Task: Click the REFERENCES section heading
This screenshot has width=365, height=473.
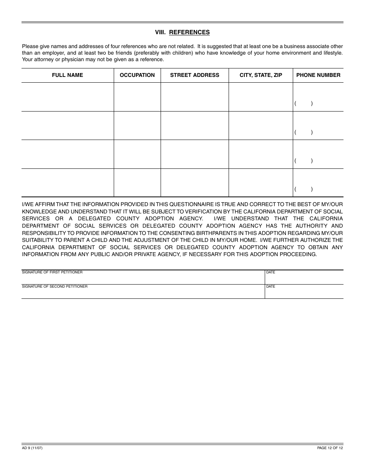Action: click(x=189, y=32)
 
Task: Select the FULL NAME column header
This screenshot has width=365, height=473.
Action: click(x=68, y=75)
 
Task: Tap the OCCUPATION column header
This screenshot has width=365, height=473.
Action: click(x=137, y=75)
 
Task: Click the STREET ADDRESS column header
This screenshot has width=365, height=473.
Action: click(x=194, y=75)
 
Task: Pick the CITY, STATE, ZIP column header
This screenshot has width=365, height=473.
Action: click(x=261, y=75)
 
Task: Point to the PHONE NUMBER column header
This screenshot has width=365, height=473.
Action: click(x=318, y=75)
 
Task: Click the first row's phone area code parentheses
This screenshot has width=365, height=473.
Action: click(x=304, y=103)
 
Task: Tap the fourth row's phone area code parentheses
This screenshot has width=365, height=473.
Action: click(x=304, y=189)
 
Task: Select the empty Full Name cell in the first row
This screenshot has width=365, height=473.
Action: click(x=68, y=97)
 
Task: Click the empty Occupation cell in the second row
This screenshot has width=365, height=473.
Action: click(x=137, y=125)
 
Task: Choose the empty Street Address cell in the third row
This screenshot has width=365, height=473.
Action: click(x=194, y=154)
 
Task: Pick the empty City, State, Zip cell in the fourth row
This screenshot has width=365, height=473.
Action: click(x=261, y=183)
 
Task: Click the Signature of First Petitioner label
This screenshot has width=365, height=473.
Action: click(x=52, y=272)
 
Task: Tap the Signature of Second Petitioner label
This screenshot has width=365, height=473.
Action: click(x=55, y=286)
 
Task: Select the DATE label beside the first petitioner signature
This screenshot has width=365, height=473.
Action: click(x=270, y=272)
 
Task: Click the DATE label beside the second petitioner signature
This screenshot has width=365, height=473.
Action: click(x=270, y=286)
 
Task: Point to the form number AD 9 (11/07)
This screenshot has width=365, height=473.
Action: click(x=32, y=448)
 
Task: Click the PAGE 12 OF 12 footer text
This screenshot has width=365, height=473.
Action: click(x=330, y=448)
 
